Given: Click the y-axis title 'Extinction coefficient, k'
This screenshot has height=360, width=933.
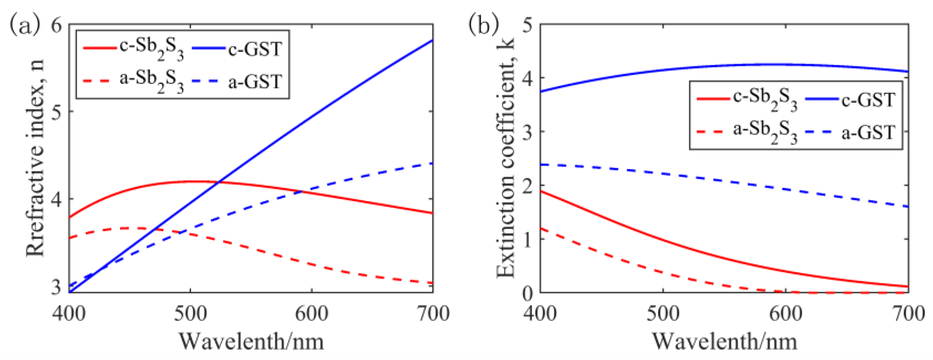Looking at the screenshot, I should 506,158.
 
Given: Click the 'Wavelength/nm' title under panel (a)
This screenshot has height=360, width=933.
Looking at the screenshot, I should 251,341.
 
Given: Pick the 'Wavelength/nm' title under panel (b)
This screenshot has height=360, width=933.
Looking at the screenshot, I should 724,341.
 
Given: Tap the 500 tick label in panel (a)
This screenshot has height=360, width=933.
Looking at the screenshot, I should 190,314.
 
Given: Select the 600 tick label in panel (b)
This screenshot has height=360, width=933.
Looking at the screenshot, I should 786,314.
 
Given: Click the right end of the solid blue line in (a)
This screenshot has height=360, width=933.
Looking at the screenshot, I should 432,40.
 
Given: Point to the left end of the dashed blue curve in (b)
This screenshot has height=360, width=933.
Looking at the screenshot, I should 541,164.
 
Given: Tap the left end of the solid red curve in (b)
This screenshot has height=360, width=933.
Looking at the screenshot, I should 541,191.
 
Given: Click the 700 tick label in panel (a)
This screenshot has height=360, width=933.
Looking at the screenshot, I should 432,314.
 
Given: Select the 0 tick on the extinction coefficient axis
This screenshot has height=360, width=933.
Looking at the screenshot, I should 528,294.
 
